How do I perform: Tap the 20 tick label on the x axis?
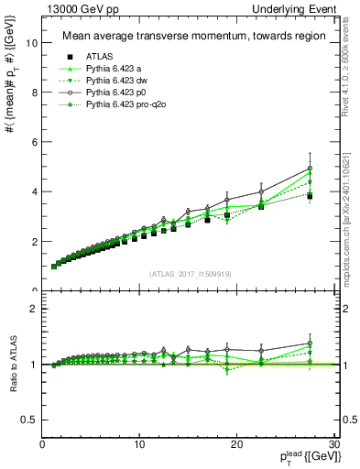coord(236,445)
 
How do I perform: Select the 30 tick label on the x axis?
coord(333,445)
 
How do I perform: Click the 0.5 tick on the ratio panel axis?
coord(28,420)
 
